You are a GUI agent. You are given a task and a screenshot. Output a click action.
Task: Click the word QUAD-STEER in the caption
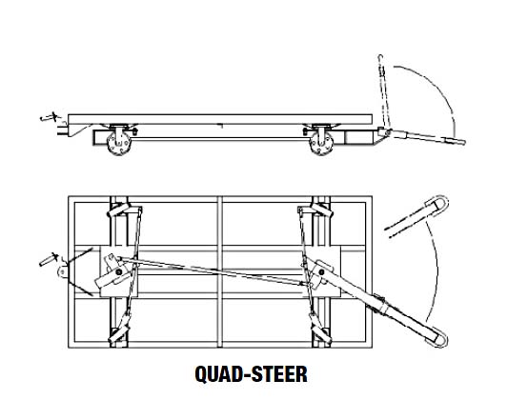pyautogui.click(x=251, y=374)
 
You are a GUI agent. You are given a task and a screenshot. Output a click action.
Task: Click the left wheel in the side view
pyautogui.click(x=119, y=145)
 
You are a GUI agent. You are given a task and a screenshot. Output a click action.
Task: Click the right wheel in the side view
pyautogui.click(x=321, y=145)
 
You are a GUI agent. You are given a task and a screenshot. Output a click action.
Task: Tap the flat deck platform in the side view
pyautogui.click(x=220, y=119)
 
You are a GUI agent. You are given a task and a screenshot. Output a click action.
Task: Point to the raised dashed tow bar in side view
pyautogui.click(x=384, y=92)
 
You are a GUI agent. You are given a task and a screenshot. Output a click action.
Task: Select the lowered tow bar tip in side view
pyautogui.click(x=462, y=142)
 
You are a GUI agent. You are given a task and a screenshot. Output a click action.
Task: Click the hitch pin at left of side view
pyautogui.click(x=51, y=117)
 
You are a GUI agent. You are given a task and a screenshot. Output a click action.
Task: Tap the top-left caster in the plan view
pyautogui.click(x=119, y=210)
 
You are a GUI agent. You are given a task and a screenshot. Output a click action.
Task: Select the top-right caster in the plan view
pyautogui.click(x=322, y=210)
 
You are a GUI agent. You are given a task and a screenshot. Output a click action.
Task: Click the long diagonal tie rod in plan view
pyautogui.click(x=212, y=270)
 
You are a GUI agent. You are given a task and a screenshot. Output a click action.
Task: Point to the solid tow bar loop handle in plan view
pyautogui.click(x=438, y=337)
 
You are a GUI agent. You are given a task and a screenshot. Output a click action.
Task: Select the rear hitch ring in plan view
pyautogui.click(x=62, y=271)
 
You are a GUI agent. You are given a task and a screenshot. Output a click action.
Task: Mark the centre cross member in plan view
pyautogui.click(x=220, y=272)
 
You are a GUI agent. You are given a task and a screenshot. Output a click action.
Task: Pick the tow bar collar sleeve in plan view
pyautogui.click(x=381, y=304)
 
